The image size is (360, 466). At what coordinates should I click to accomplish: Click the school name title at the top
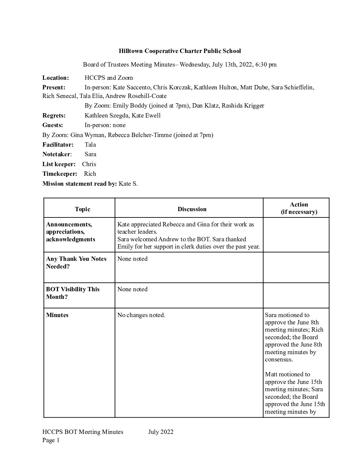coord(180,51)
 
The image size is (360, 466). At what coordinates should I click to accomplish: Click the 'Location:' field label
coord(56,78)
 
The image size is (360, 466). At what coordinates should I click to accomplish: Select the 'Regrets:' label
coord(54,116)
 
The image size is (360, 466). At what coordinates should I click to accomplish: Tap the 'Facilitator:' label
coord(58,145)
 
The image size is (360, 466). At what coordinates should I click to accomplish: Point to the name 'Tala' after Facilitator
coord(90,145)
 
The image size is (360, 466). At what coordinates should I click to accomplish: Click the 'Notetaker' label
coord(56,154)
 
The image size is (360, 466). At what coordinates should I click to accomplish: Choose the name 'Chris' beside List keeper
coord(89,164)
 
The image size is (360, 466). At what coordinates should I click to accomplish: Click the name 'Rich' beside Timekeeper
coord(90,174)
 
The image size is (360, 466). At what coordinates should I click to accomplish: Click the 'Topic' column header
coord(82,209)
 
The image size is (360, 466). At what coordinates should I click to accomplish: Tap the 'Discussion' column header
coord(192,209)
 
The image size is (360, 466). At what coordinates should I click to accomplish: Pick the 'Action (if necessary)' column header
coord(299,208)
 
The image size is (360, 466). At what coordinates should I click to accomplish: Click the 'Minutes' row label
coord(57,315)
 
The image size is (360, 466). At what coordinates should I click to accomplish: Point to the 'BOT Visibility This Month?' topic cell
coord(73,293)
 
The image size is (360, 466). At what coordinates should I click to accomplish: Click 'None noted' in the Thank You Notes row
coord(132,259)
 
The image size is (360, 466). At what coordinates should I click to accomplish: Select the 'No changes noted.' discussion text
coord(141,315)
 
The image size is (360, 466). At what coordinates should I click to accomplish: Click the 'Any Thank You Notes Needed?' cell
coord(76,262)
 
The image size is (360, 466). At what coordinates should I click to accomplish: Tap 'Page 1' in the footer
coord(51,440)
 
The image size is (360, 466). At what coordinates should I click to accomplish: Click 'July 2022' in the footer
coord(161,432)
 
